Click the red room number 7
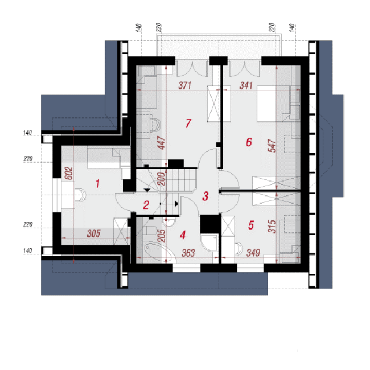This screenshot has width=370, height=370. pyautogui.click(x=188, y=123)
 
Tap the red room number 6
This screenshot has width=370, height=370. pyautogui.click(x=249, y=142)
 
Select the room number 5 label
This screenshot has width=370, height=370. pyautogui.click(x=251, y=225)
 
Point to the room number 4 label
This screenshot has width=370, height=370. pyautogui.click(x=183, y=235)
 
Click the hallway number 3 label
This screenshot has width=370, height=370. pyautogui.click(x=205, y=196)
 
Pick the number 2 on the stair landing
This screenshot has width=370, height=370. pyautogui.click(x=146, y=205)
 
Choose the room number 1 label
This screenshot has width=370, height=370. pyautogui.click(x=98, y=184)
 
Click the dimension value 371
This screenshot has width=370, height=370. pyautogui.click(x=185, y=85)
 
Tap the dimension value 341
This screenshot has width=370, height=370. pyautogui.click(x=246, y=85)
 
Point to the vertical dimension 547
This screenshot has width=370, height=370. pyautogui.click(x=272, y=146)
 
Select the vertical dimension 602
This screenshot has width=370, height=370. pyautogui.click(x=69, y=174)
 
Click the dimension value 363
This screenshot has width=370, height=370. pyautogui.click(x=188, y=253)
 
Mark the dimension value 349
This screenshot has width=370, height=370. pyautogui.click(x=253, y=253)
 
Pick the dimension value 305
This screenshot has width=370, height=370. pyautogui.click(x=94, y=233)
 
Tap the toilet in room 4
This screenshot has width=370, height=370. pyautogui.click(x=150, y=231)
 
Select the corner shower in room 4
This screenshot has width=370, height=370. pyautogui.click(x=209, y=242)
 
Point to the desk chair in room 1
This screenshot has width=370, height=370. pyautogui.click(x=80, y=195)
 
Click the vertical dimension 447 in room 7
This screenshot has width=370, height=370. pyautogui.click(x=162, y=142)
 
